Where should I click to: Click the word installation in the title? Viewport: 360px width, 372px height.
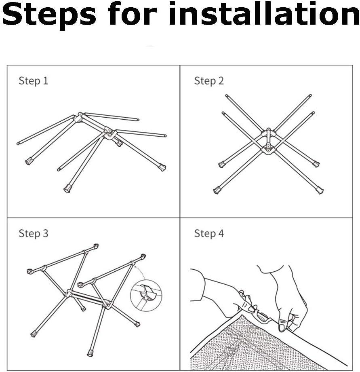pos(265,13)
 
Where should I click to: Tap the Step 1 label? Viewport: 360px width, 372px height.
pos(34,80)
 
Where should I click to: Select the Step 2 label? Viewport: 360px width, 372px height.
pos(209,80)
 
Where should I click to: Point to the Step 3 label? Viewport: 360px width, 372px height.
pos(34,233)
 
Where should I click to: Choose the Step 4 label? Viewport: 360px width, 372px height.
pos(209,233)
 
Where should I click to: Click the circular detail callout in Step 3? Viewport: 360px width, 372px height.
pos(146,296)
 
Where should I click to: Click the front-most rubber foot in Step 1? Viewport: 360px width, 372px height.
pos(67,188)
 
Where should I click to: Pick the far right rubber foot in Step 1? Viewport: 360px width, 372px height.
pos(162,167)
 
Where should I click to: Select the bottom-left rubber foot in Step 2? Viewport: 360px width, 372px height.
pos(217,190)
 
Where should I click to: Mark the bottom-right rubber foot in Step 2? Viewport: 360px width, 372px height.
pos(320,190)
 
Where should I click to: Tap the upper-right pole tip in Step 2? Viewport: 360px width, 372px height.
pos(310,95)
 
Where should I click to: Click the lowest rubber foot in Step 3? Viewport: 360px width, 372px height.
pos(90,353)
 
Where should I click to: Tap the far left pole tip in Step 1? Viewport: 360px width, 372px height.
pos(18,143)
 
